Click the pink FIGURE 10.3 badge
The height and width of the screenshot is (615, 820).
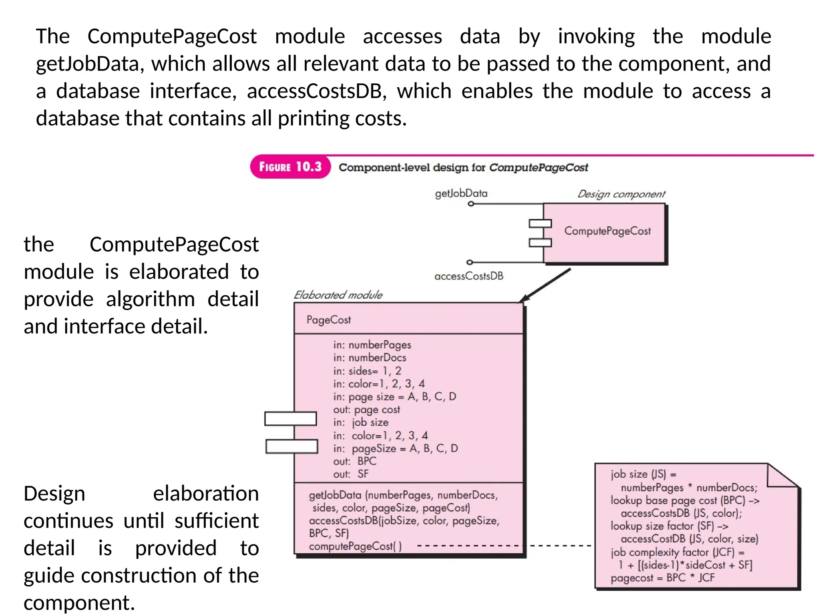click(290, 167)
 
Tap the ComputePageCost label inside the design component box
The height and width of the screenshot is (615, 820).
click(607, 231)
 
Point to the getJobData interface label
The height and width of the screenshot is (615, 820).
click(461, 193)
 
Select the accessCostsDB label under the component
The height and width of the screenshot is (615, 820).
click(469, 276)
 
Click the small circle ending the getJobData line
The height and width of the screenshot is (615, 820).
click(471, 204)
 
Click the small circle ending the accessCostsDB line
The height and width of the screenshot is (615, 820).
click(470, 262)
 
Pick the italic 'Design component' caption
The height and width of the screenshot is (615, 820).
click(621, 194)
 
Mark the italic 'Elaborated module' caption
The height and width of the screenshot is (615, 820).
click(338, 295)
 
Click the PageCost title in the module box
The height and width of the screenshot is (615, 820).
click(329, 320)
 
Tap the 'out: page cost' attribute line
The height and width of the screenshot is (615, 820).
click(366, 410)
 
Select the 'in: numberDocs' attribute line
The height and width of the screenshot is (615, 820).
click(370, 358)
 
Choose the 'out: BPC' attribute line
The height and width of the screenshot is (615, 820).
click(355, 461)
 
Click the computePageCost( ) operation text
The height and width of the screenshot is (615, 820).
click(355, 546)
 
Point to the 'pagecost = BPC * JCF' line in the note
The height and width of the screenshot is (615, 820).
click(663, 578)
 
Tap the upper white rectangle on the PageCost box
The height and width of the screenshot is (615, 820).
click(291, 419)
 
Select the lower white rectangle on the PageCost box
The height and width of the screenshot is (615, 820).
click(292, 446)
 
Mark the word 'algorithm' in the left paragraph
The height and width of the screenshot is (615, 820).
click(151, 299)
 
